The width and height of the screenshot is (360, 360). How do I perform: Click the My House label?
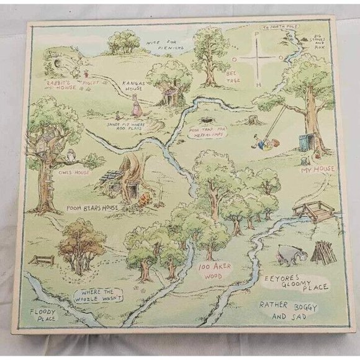(318, 169)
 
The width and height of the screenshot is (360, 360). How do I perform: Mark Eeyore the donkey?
(288, 254)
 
